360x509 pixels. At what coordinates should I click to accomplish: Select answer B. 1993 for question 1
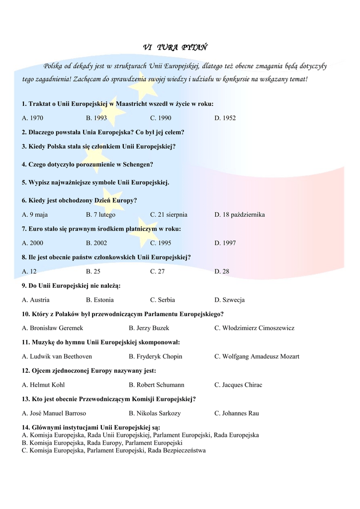tap(96, 118)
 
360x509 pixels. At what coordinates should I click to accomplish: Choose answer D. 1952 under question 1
tap(225, 118)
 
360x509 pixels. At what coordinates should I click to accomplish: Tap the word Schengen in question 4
tap(135, 164)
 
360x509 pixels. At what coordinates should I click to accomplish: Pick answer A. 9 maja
tap(35, 215)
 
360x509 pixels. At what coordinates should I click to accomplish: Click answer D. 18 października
tap(240, 215)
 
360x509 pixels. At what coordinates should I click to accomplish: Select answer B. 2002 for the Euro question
tap(96, 243)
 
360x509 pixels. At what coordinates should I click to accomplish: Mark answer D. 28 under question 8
tap(222, 271)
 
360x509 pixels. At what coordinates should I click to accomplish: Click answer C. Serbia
tap(163, 300)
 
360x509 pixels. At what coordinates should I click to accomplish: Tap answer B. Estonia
tap(100, 300)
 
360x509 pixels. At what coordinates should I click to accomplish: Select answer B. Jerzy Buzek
tap(149, 328)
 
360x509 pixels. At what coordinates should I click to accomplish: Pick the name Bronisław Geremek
tap(56, 328)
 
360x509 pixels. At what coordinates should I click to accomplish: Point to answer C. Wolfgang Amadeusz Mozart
tap(257, 356)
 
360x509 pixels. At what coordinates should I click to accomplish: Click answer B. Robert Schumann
tap(157, 385)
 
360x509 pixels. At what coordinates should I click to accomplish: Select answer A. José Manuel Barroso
tap(54, 413)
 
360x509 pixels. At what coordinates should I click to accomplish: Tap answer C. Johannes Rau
tap(237, 413)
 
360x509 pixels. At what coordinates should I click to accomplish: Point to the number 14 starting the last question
tap(25, 427)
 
